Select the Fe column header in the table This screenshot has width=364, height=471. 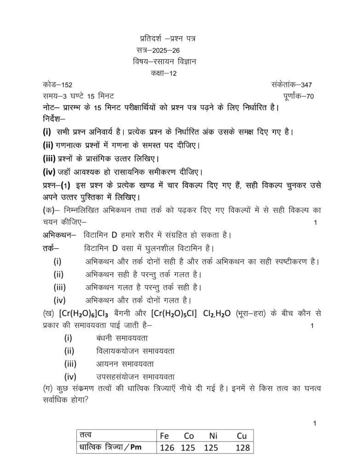165,436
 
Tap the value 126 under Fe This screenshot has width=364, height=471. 167,448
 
